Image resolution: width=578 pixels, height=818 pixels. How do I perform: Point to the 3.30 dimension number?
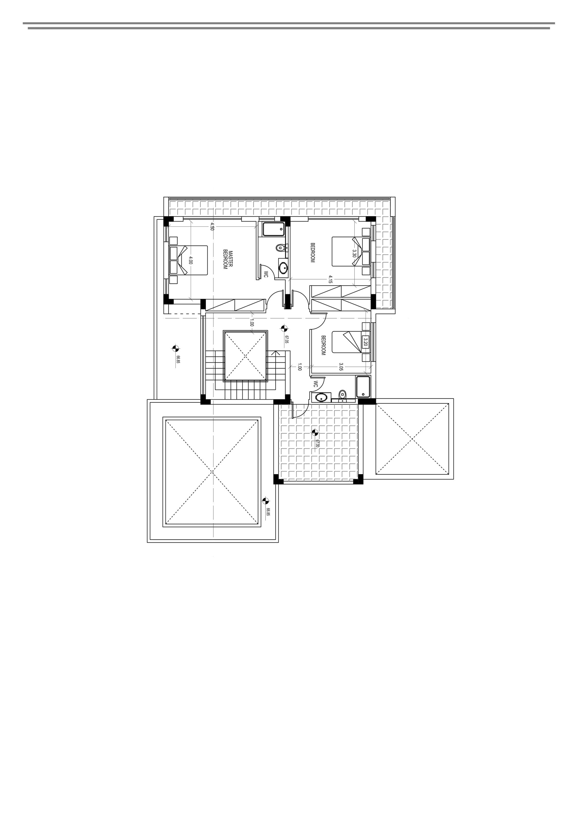pos(354,253)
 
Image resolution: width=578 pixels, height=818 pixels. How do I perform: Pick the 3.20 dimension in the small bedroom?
pos(365,342)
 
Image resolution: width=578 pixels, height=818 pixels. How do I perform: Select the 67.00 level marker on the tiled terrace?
pos(314,433)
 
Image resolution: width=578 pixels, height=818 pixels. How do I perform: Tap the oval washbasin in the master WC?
pos(283,267)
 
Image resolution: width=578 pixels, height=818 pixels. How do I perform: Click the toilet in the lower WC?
pos(342,395)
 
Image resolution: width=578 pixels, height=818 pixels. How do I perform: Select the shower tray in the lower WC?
pos(363,387)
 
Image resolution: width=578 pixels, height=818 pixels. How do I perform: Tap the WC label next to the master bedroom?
pos(266,274)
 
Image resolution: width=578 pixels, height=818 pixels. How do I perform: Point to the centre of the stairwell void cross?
pos(245,356)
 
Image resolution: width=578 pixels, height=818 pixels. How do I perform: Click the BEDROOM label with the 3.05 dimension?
pos(323,345)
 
